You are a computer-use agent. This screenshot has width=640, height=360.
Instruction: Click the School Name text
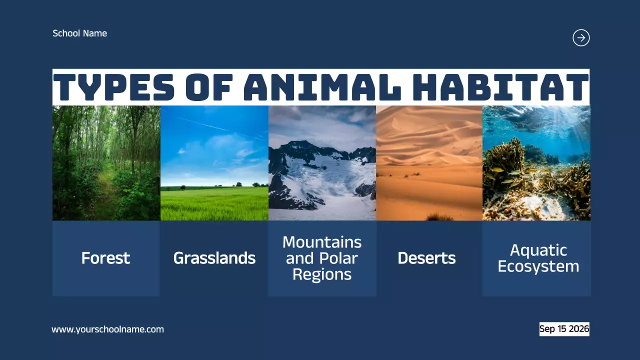[x=79, y=33]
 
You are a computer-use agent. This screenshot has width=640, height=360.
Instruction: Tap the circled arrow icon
[x=581, y=38]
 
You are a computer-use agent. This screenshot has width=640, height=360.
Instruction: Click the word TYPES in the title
[x=114, y=87]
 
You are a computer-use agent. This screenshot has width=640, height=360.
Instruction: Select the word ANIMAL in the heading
[x=322, y=87]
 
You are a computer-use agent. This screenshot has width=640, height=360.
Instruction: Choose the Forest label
[x=105, y=258]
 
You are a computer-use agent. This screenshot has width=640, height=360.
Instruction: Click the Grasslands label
[x=214, y=258]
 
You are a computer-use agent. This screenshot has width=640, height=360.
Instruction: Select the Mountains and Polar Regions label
[x=322, y=258]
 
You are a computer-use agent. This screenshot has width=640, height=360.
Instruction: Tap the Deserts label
[x=426, y=258]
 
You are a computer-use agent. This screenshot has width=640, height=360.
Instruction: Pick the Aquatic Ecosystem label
[x=538, y=258]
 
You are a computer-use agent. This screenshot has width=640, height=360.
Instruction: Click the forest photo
[x=106, y=162]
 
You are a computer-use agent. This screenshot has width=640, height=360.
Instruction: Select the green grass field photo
[x=214, y=162]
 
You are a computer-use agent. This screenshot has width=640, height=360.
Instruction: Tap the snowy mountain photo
[x=322, y=162]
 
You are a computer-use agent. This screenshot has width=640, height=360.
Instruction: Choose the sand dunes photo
[x=429, y=162]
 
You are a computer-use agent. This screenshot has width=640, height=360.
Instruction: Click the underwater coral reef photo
[x=536, y=162]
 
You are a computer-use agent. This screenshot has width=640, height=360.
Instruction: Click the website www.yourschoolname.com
[x=107, y=329]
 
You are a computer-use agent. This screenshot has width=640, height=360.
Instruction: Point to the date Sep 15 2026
[x=564, y=329]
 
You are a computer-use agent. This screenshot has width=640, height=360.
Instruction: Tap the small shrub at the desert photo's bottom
[x=438, y=217]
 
